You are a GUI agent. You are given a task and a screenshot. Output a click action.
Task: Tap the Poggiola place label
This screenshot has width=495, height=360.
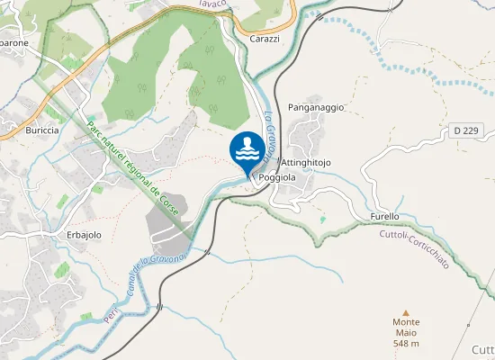click(277, 178)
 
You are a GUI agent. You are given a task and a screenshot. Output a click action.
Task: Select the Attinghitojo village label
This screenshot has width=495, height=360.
click(307, 162)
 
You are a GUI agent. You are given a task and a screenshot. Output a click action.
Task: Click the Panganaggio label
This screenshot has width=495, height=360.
click(316, 107)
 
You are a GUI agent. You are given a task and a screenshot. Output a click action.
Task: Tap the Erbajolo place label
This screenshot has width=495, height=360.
click(84, 235)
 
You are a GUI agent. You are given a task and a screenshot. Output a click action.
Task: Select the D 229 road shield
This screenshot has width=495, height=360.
click(466, 131)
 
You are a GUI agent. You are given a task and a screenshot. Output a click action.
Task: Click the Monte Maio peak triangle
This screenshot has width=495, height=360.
click(405, 310)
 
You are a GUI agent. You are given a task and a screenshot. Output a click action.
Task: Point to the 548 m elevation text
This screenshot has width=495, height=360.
click(406, 344)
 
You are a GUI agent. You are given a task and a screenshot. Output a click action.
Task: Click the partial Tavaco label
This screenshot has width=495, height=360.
click(214, 3)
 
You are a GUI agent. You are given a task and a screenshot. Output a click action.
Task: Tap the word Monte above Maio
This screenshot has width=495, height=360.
click(406, 322)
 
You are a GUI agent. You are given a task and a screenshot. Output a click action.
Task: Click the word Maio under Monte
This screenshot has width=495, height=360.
click(406, 333)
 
